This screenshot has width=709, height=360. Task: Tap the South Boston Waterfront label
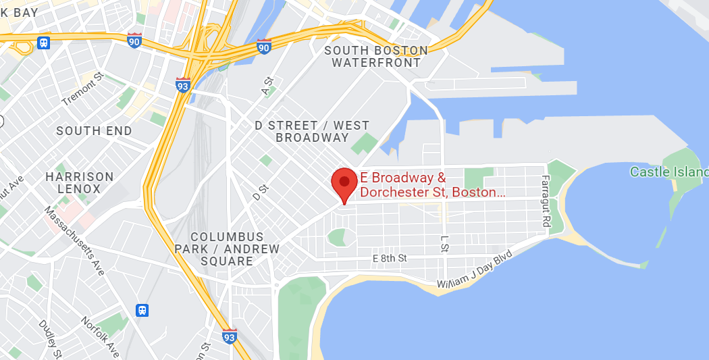tap(376, 57)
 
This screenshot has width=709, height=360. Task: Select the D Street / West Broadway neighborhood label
tap(311, 131)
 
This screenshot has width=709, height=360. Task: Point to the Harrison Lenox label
tap(80, 182)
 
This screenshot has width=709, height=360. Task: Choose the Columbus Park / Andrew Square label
tap(235, 249)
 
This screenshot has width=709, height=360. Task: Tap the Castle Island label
tap(668, 172)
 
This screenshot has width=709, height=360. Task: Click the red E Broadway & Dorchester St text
tap(432, 186)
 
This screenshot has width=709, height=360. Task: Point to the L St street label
tap(444, 244)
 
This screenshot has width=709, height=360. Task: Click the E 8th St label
tap(390, 258)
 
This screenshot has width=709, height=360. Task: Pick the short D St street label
tap(257, 192)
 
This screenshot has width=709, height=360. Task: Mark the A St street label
tap(267, 86)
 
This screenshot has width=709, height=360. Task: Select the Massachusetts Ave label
tap(74, 240)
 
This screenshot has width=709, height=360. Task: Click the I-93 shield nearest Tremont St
tap(182, 84)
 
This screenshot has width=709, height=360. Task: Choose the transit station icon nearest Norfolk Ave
tap(142, 310)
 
